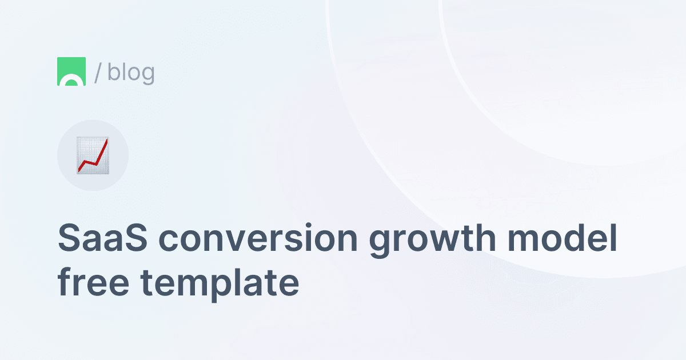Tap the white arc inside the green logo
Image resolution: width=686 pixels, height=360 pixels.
click(71, 81)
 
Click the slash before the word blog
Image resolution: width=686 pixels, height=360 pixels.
click(98, 72)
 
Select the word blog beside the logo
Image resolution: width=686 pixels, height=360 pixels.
click(131, 72)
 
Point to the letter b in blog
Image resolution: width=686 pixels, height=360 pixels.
click(113, 72)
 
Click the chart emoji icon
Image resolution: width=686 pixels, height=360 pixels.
click(93, 155)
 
